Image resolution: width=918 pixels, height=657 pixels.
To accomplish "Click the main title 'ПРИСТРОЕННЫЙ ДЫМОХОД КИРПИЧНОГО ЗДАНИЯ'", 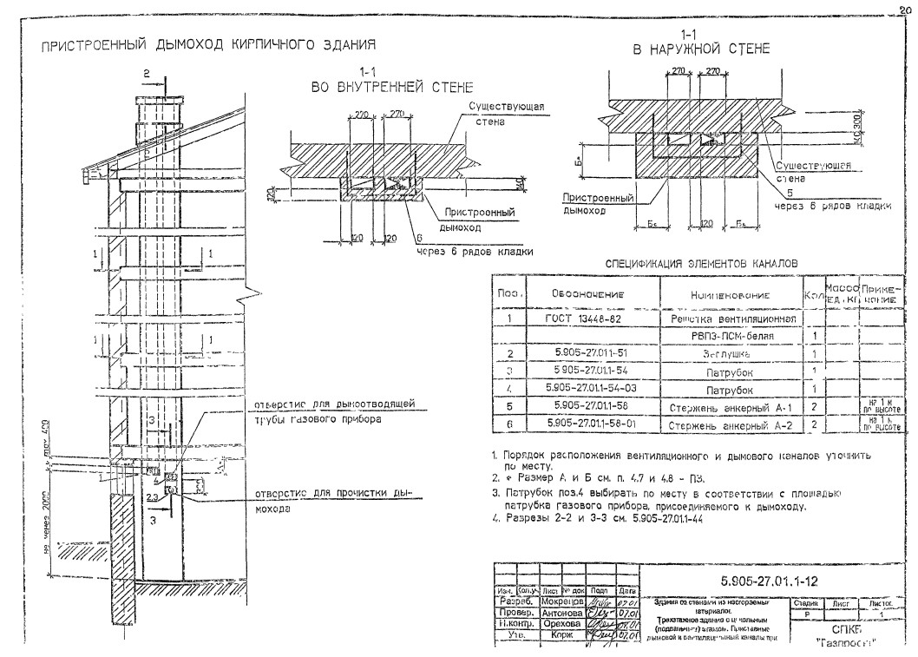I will point(207,44).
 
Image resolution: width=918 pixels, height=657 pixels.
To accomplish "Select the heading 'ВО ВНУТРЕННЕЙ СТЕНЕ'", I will point(392,88).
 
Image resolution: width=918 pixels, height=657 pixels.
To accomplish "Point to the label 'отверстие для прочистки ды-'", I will point(333,495).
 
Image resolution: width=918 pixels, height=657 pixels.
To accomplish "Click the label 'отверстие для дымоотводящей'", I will point(333,404).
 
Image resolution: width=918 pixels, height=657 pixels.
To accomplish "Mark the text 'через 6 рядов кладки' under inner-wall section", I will point(474,252).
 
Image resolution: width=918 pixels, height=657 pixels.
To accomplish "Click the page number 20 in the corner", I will point(908,10).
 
